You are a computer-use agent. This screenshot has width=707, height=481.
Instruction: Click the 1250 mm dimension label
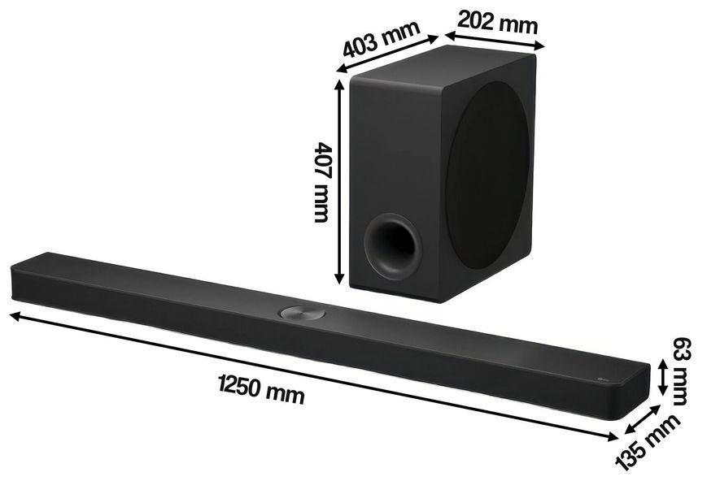point(261,388)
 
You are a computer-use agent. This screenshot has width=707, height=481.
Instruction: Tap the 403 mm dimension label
point(382,38)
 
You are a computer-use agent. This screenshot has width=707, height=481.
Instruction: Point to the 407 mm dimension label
point(321,182)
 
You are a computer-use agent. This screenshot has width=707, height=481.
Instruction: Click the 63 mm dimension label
point(680,371)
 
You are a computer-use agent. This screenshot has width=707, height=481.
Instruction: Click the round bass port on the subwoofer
point(393,246)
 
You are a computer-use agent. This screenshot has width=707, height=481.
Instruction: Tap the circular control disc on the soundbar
point(302,312)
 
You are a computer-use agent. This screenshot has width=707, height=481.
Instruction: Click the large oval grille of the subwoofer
point(487,175)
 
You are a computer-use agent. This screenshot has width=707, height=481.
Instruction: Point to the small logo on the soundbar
point(602,380)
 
